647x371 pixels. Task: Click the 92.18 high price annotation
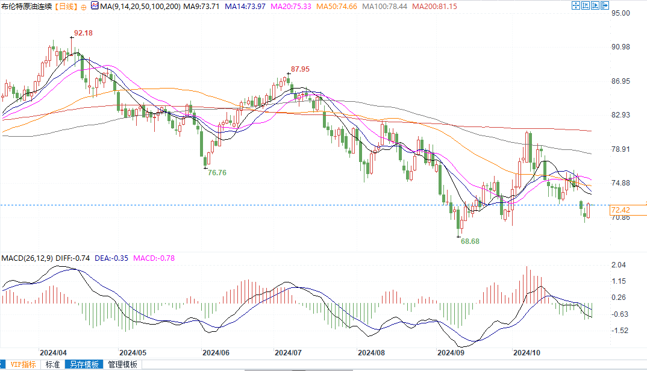(83, 33)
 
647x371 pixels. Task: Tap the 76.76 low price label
(217, 172)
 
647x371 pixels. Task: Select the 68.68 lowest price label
(470, 241)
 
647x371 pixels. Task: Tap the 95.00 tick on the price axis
(620, 13)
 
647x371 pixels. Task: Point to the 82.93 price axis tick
(620, 115)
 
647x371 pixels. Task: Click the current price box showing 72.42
(620, 210)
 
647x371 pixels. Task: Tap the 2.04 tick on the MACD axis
(618, 265)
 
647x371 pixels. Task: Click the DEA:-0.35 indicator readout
(111, 258)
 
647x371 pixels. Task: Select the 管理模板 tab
(122, 364)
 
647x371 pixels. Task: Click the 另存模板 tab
(83, 364)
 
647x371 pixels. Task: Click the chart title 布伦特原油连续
(27, 6)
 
